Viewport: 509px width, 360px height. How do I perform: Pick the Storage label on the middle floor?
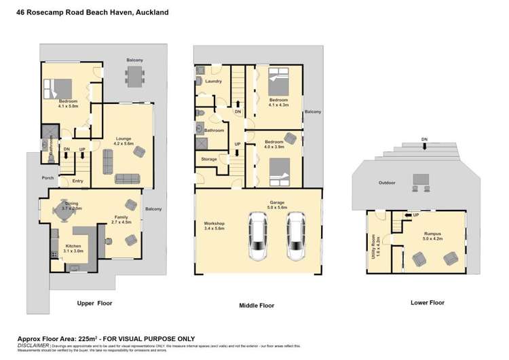tap(209, 159)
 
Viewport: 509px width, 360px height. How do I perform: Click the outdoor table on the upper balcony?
tap(134, 77)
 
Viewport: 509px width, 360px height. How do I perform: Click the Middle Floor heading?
tap(257, 306)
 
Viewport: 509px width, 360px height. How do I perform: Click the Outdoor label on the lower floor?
tap(387, 183)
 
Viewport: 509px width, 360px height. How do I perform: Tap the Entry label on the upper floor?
tap(78, 181)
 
